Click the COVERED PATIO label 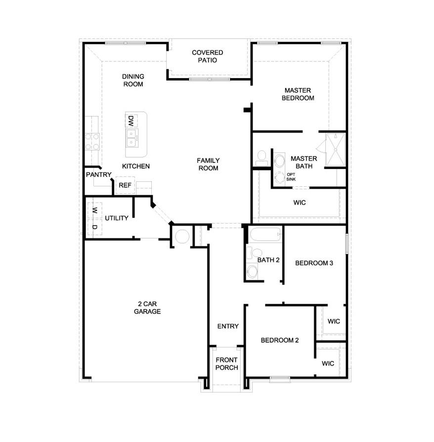pyautogui.click(x=208, y=56)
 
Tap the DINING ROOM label pyautogui.click(x=133, y=80)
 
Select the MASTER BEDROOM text pyautogui.click(x=298, y=94)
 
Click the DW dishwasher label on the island pyautogui.click(x=131, y=121)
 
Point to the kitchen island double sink pyautogui.click(x=132, y=138)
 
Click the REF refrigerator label pyautogui.click(x=125, y=185)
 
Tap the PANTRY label pyautogui.click(x=98, y=175)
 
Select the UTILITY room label pyautogui.click(x=117, y=218)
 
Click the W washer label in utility pyautogui.click(x=94, y=210)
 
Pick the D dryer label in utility pyautogui.click(x=94, y=227)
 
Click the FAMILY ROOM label pyautogui.click(x=208, y=164)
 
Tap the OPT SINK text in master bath pyautogui.click(x=291, y=177)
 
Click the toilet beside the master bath pyautogui.click(x=261, y=158)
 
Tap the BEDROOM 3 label pyautogui.click(x=314, y=263)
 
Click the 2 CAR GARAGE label pyautogui.click(x=147, y=308)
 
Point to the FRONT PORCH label pyautogui.click(x=226, y=363)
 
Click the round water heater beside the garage pyautogui.click(x=182, y=236)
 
